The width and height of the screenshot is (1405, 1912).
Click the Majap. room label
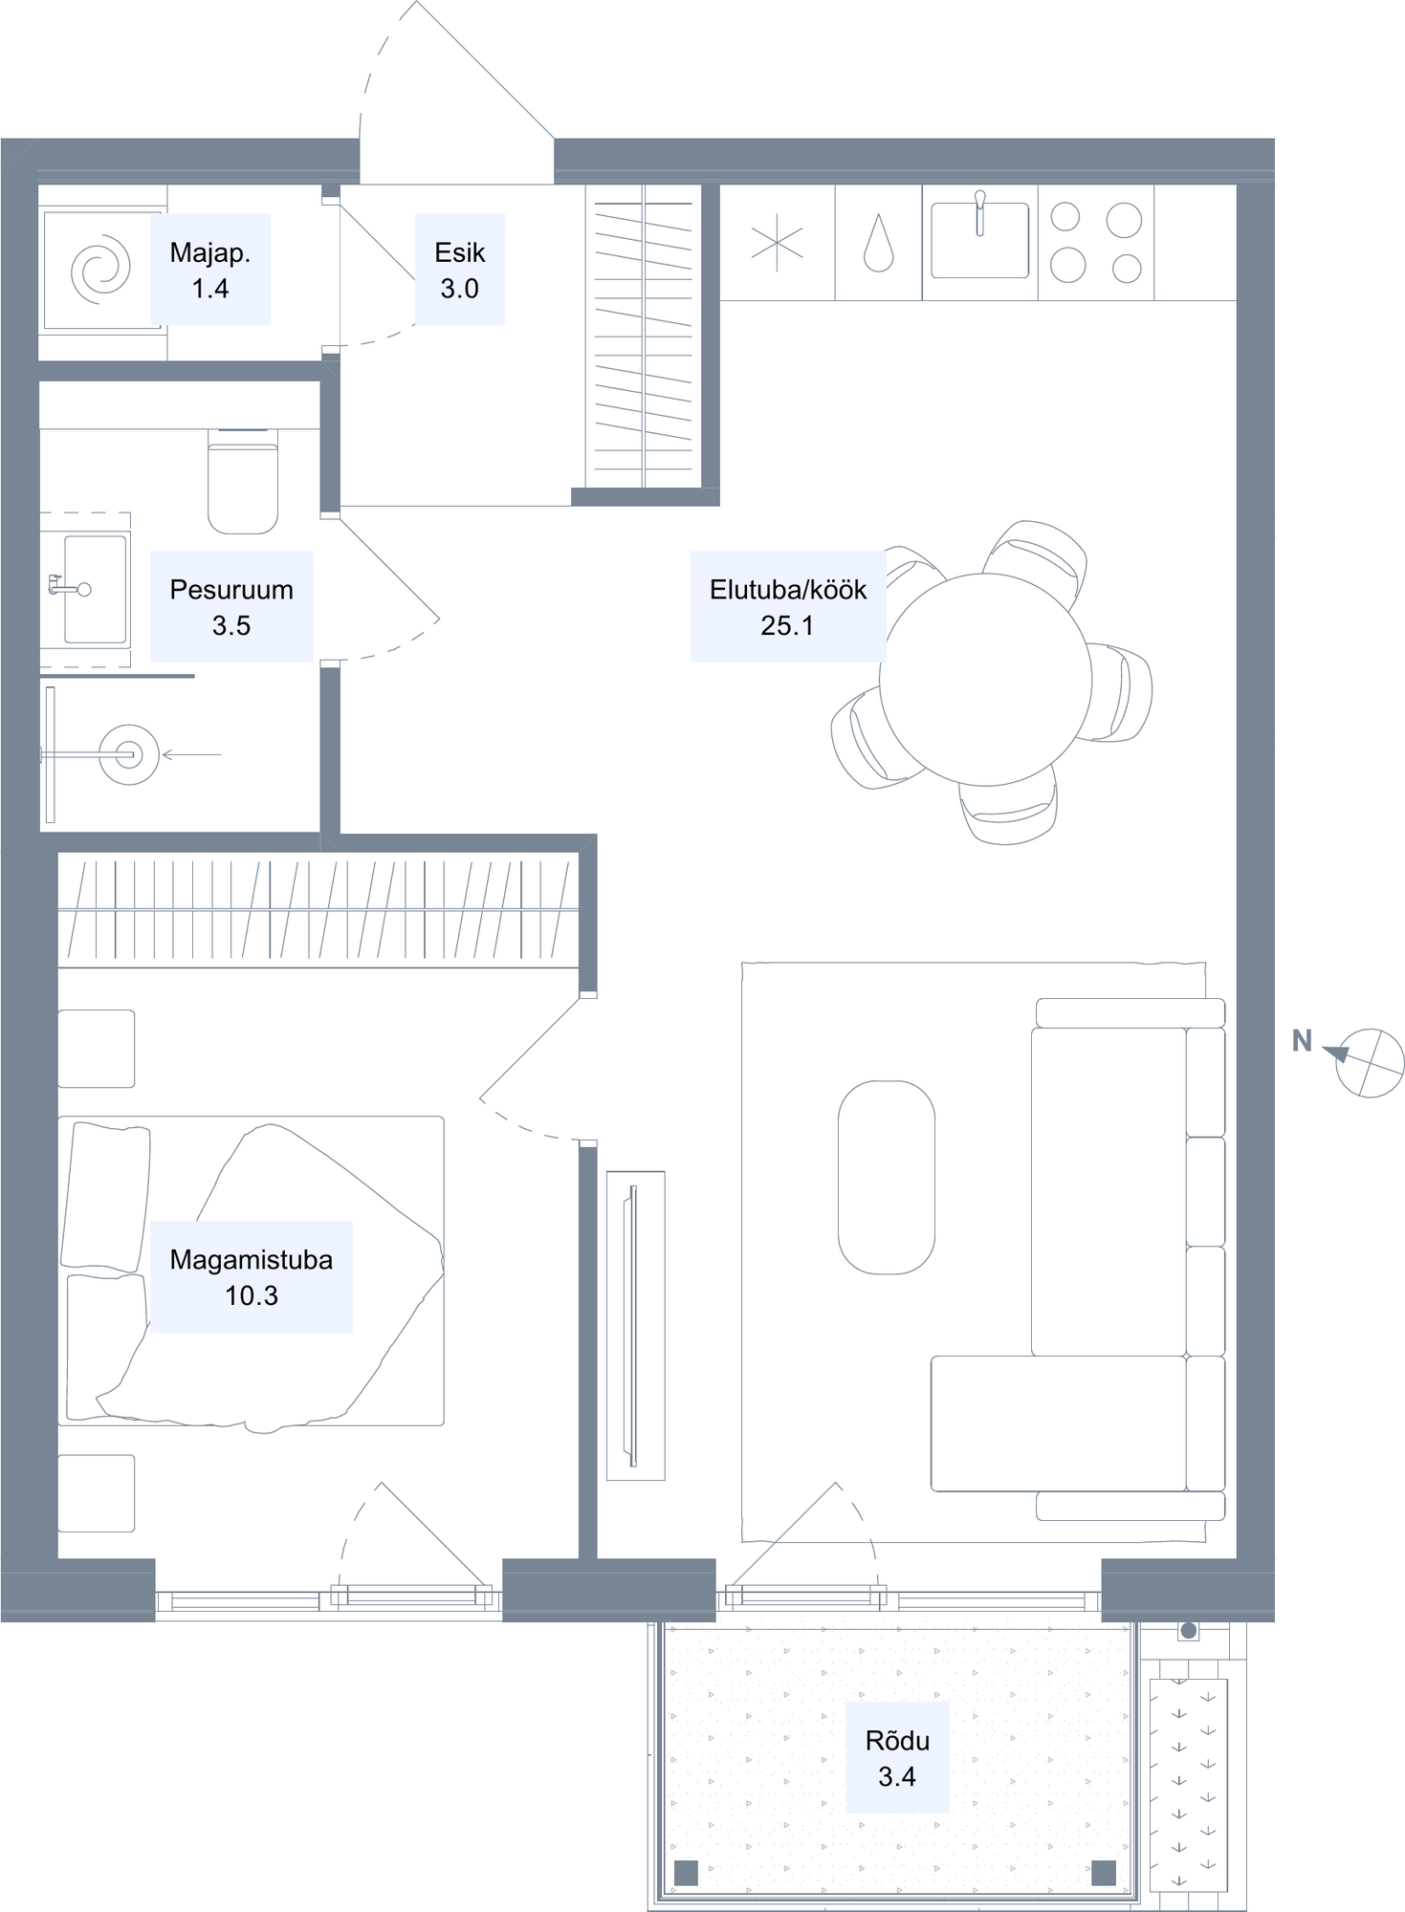[209, 270]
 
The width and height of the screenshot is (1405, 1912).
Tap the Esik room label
[460, 270]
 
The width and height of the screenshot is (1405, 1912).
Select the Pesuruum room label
[231, 607]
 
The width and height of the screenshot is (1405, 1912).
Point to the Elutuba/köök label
[788, 607]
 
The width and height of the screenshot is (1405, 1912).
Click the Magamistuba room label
[252, 1277]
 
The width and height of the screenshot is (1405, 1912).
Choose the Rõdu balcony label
[897, 1758]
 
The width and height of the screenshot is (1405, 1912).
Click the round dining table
[985, 680]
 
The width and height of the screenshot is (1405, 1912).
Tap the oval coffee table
[887, 1178]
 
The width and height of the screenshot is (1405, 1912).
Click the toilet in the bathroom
[243, 481]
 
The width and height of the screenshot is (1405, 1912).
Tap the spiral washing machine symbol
[100, 271]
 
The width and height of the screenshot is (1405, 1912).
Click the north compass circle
[1370, 1062]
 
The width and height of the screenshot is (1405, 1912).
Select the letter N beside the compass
[1302, 1041]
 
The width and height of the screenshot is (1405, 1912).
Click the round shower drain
[129, 755]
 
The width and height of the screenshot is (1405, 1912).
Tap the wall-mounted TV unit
[635, 1326]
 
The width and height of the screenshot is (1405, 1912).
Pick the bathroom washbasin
[95, 589]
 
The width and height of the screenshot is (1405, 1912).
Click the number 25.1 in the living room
[787, 625]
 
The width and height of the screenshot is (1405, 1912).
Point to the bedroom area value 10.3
[252, 1295]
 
